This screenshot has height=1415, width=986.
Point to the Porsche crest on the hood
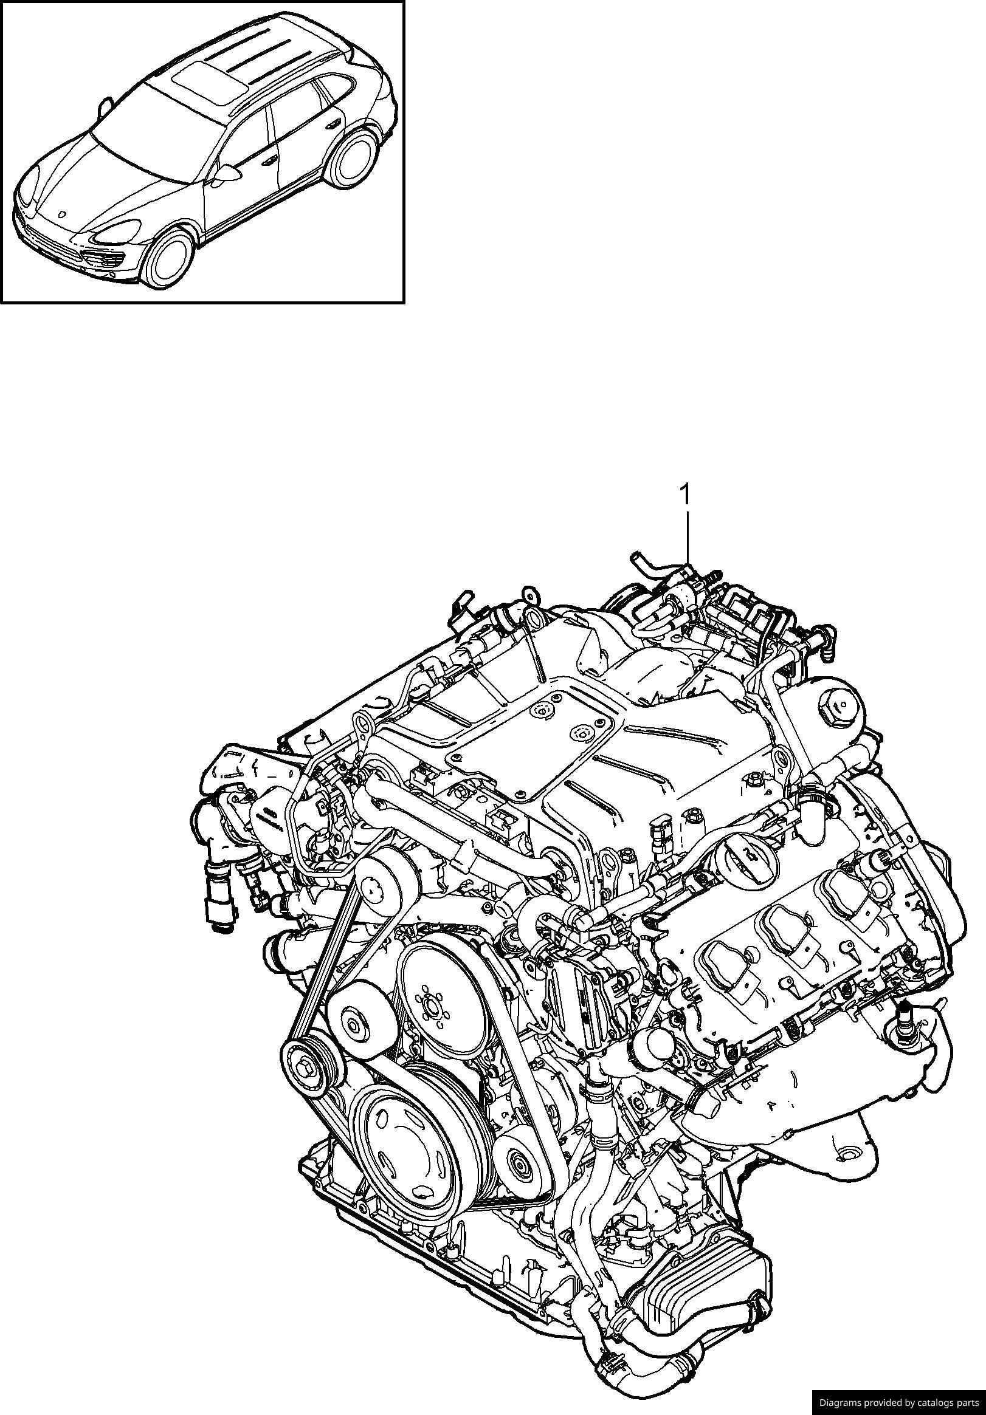coord(62,213)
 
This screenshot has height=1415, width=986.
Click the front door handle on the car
coord(270,161)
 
